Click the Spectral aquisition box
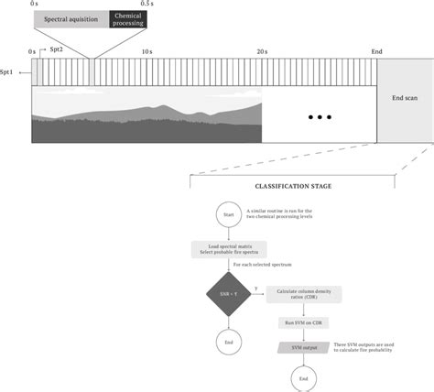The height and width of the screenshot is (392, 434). (x=71, y=18)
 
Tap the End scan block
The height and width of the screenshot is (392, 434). (x=404, y=97)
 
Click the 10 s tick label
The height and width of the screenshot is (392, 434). (x=146, y=53)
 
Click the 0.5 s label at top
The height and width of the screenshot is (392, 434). (x=146, y=5)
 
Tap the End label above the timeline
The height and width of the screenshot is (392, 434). (x=375, y=53)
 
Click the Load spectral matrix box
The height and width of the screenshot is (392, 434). (x=228, y=250)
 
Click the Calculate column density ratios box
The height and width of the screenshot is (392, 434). (x=304, y=295)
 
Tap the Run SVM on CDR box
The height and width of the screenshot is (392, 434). (x=304, y=323)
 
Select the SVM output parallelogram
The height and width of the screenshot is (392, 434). (x=304, y=348)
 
